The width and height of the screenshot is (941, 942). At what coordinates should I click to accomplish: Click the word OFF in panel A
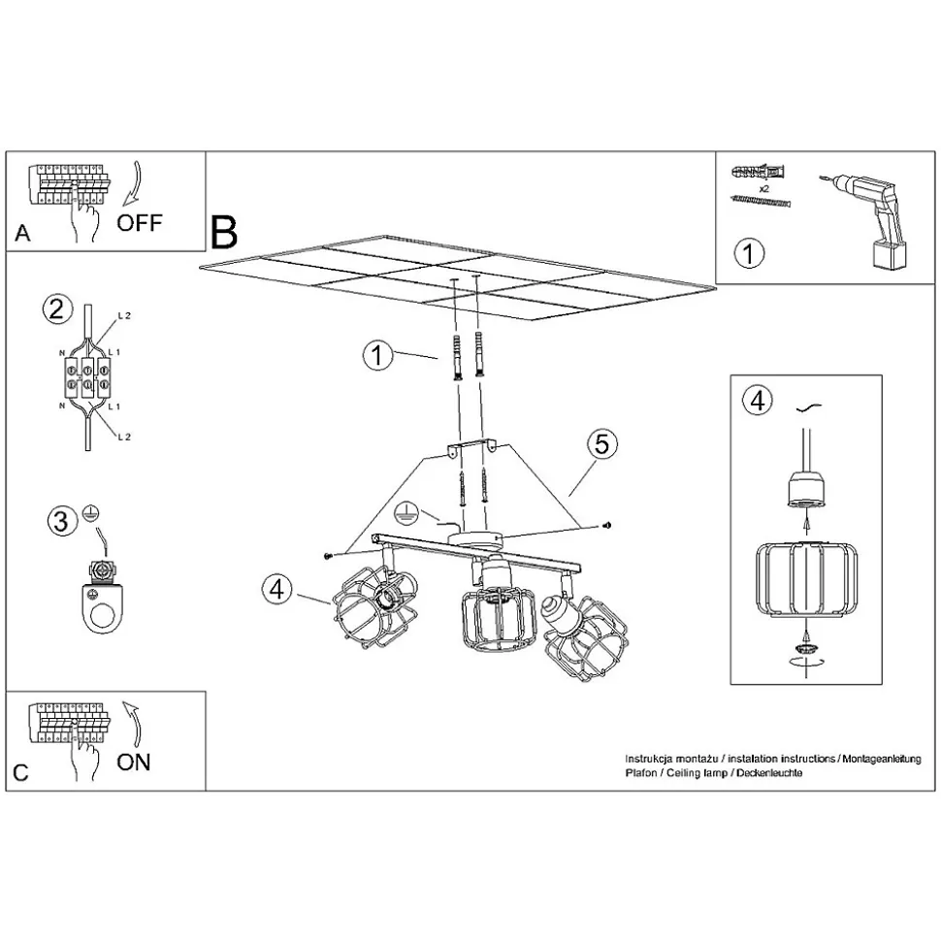140,223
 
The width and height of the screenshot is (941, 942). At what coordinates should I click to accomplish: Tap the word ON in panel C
134,763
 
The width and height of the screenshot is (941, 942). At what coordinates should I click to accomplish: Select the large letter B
224,233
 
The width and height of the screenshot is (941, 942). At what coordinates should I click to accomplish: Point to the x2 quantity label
763,188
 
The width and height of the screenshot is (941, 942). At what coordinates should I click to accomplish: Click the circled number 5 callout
601,444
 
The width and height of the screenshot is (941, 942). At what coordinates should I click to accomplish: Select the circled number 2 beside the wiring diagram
57,309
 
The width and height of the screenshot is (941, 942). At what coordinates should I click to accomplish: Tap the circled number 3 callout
62,521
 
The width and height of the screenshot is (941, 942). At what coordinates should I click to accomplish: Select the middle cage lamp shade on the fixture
498,619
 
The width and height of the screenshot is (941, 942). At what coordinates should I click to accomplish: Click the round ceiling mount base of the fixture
478,539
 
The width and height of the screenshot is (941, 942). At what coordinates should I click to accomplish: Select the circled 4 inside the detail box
757,400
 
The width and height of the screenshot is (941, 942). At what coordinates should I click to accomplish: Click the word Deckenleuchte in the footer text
769,772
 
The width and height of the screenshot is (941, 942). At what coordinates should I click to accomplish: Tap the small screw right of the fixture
607,526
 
